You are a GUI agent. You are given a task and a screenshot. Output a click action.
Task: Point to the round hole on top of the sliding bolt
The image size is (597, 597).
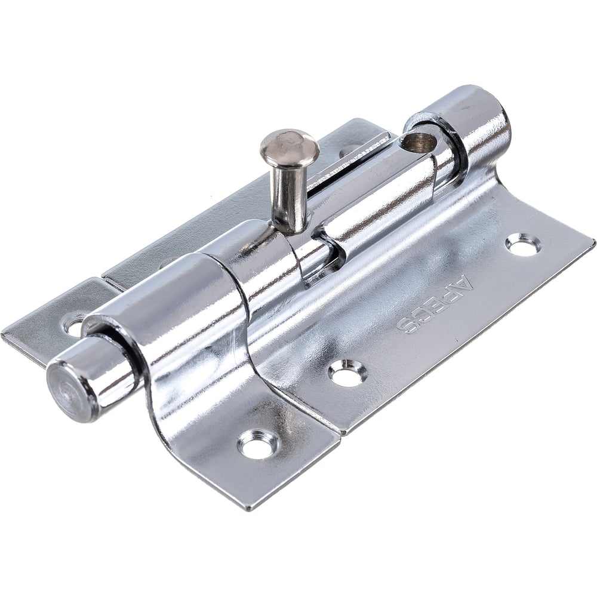click(420, 142)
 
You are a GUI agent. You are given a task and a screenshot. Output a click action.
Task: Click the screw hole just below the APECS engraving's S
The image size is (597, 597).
click(348, 371)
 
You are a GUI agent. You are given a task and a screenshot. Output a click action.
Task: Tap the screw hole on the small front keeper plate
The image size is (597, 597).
click(259, 444)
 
